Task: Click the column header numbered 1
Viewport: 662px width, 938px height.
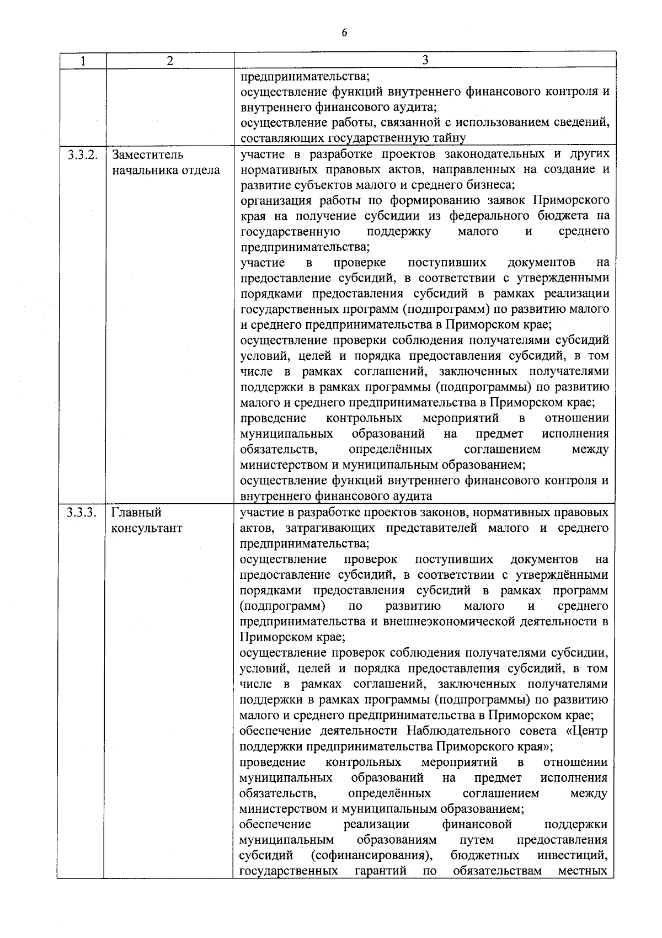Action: [x=82, y=61]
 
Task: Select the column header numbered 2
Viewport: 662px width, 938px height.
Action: [x=169, y=61]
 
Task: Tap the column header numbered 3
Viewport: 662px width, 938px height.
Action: [x=424, y=60]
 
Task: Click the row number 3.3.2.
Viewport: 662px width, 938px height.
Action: [x=82, y=154]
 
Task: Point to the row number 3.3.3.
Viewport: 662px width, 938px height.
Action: [x=82, y=513]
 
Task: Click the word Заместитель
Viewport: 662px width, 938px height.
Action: [x=148, y=154]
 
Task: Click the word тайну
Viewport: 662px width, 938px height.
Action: [x=450, y=138]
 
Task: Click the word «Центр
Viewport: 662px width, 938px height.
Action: [x=586, y=731]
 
